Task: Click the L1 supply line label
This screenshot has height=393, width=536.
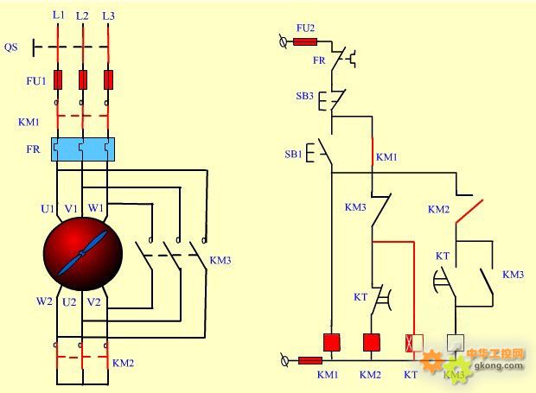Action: [x=59, y=15]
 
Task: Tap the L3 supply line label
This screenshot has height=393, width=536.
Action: [x=108, y=16]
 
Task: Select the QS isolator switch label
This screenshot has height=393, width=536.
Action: [x=11, y=47]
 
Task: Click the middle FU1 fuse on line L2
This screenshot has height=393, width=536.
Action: [x=83, y=80]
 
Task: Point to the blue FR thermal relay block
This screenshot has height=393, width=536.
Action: [x=83, y=149]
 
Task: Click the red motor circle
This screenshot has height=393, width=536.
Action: [x=83, y=254]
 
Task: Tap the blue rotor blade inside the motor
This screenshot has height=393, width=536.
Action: [x=82, y=253]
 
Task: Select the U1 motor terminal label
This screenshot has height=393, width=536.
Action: [x=48, y=209]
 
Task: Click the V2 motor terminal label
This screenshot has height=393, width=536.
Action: [x=93, y=302]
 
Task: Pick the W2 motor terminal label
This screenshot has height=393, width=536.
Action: [x=44, y=301]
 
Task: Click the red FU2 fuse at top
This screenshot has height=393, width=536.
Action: [x=305, y=42]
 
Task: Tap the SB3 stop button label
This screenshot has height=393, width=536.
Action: [x=304, y=96]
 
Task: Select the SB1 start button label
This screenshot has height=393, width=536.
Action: [x=293, y=155]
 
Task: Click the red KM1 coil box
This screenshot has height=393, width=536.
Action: [x=332, y=342]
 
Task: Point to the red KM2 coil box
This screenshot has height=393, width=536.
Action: [x=371, y=342]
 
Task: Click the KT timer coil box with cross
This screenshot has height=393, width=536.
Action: [x=414, y=343]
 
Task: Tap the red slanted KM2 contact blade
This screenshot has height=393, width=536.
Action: [x=469, y=212]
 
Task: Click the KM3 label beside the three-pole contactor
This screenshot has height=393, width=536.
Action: [x=220, y=261]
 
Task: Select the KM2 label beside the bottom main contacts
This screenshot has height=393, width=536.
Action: [x=123, y=363]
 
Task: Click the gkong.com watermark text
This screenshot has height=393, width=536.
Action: [x=499, y=365]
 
